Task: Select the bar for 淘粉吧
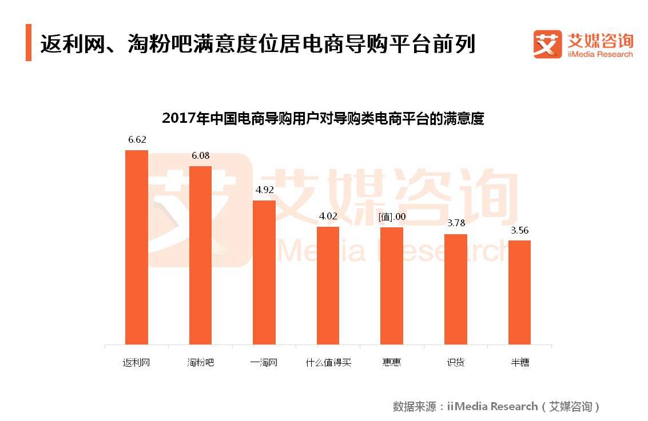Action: pyautogui.click(x=200, y=255)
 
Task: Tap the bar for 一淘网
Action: pyautogui.click(x=264, y=272)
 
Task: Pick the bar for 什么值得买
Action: pyautogui.click(x=328, y=286)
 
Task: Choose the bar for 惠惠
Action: pyautogui.click(x=392, y=286)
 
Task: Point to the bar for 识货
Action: pyautogui.click(x=456, y=289)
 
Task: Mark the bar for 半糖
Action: pyautogui.click(x=519, y=292)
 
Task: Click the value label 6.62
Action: pyautogui.click(x=137, y=140)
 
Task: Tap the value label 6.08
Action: pyautogui.click(x=200, y=156)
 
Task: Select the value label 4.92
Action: pyautogui.click(x=264, y=190)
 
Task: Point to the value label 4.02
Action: pyautogui.click(x=328, y=216)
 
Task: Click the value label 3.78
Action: pyautogui.click(x=456, y=223)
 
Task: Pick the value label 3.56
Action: pyautogui.click(x=520, y=230)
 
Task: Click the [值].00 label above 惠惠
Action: pyautogui.click(x=392, y=217)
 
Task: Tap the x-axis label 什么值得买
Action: pyautogui.click(x=328, y=362)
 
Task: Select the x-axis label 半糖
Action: pyautogui.click(x=520, y=362)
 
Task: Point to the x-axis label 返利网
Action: pyautogui.click(x=136, y=362)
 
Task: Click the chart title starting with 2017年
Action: pyautogui.click(x=323, y=119)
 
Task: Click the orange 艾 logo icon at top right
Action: pyautogui.click(x=547, y=44)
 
